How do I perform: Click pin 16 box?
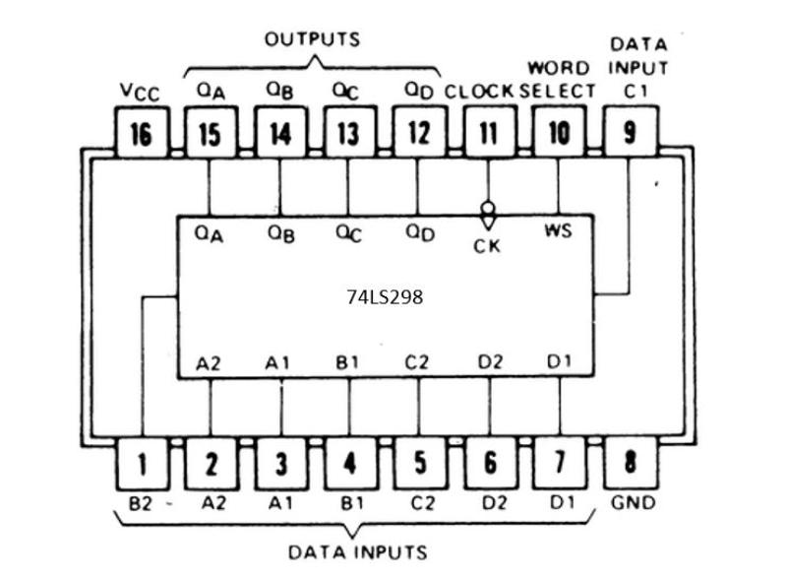point(142,133)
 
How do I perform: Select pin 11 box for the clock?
point(488,133)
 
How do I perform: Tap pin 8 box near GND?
point(629,462)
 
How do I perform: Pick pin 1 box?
point(142,462)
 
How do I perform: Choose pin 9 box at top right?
point(629,133)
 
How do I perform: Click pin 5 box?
point(419,462)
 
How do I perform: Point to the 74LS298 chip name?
point(385,295)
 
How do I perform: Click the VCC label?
point(141,92)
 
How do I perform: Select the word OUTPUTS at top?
point(313,39)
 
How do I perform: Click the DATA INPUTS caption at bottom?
point(358,552)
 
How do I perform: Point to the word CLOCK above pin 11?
point(480,91)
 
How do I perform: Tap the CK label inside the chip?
point(487,246)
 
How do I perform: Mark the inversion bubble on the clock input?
point(487,209)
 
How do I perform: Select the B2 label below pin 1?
point(142,503)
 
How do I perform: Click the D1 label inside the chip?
point(559,362)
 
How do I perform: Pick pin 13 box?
point(348,133)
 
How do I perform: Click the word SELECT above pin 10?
point(559,91)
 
